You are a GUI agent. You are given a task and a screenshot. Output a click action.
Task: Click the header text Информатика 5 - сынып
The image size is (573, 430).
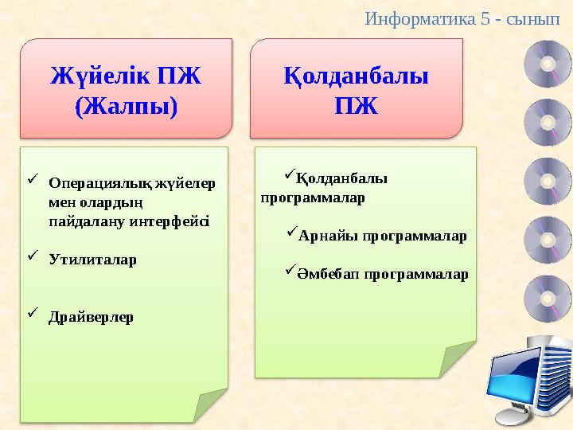coord(467,17)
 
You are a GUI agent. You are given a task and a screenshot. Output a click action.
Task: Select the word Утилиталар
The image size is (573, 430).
coord(92,260)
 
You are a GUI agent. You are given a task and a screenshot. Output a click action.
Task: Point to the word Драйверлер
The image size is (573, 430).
coord(91,317)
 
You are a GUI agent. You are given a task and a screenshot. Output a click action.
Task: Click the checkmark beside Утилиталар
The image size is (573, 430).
coord(32,257)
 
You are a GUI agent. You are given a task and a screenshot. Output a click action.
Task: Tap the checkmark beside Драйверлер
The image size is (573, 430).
coord(32,315)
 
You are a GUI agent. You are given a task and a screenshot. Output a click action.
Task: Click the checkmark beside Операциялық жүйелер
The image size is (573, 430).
coord(32,181)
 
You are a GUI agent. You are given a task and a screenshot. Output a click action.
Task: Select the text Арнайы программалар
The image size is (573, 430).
coord(383,236)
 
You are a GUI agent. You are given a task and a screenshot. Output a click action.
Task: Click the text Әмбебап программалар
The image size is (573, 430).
coord(384,275)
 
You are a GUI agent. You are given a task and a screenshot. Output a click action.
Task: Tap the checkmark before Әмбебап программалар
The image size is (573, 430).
coord(291,272)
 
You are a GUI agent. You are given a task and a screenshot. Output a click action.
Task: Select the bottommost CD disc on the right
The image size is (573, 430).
coord(548,297)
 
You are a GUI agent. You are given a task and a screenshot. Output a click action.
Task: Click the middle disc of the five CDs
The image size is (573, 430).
coord(548,181)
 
